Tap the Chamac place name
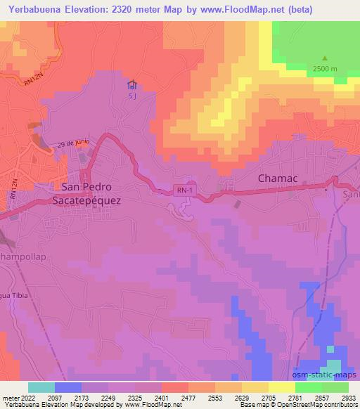coord(278,178)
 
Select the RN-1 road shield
coord(184,190)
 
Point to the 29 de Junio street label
coord(74,141)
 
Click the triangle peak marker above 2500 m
coord(324,58)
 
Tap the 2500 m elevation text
coord(325,68)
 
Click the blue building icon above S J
coord(131,85)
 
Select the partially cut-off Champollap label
coord(23,257)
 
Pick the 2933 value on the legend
coord(347,397)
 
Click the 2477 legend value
coord(187,397)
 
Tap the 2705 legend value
coord(267,397)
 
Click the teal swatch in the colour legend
coord(41,387)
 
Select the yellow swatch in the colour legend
coord(282,387)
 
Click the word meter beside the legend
coord(10,397)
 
